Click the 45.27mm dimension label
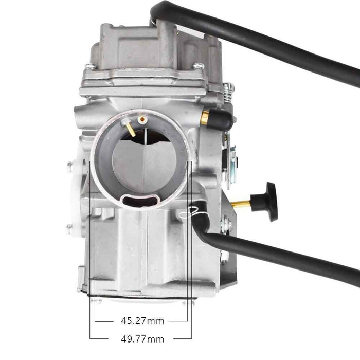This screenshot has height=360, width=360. click(142, 321)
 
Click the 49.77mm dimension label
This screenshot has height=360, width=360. click(142, 339)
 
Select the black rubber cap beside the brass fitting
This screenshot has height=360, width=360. click(221, 121)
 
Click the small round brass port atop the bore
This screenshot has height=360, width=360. click(143, 120)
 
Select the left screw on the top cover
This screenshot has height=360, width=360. click(90, 67)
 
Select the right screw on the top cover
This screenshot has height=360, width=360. click(198, 66)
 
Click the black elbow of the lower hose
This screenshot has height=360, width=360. click(203, 226)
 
